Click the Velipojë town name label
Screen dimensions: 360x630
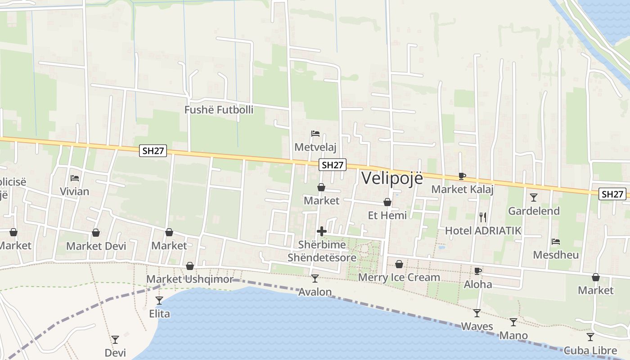[392, 178]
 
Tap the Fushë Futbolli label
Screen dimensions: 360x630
[219, 110]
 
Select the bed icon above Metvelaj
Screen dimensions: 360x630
[315, 134]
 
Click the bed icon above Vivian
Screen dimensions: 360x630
[75, 178]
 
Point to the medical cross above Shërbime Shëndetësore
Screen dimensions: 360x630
[322, 231]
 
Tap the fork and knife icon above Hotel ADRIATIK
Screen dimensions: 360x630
[483, 217]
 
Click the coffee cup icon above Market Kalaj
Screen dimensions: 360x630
[462, 176]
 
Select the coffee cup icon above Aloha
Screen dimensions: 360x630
[477, 271]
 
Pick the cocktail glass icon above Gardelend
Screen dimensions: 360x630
[534, 197]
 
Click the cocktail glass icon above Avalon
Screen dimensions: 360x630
[315, 279]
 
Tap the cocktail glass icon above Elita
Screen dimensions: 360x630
[159, 300]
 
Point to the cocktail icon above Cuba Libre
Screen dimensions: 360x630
[590, 337]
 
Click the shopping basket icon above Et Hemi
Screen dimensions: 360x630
[387, 202]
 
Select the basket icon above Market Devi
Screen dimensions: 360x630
[96, 233]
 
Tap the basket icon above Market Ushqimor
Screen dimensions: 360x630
[190, 266]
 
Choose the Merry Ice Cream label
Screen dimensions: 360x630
[399, 277]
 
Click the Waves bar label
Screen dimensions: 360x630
[477, 326]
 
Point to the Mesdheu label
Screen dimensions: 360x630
[556, 255]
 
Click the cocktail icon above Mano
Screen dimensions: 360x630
[513, 322]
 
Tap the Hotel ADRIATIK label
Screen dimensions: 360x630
[483, 231]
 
